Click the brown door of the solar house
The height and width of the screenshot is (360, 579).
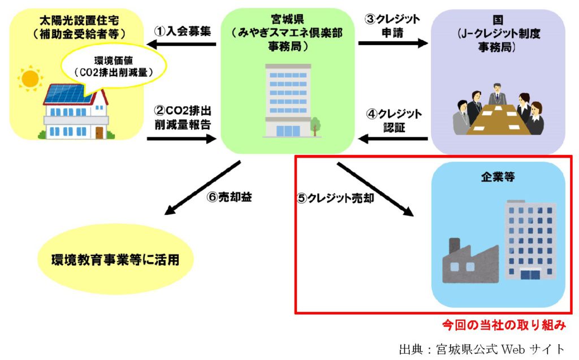100,132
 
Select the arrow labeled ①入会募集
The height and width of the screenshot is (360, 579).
180,44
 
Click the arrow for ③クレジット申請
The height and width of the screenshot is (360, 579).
393,44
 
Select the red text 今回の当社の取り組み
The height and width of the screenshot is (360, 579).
503,326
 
